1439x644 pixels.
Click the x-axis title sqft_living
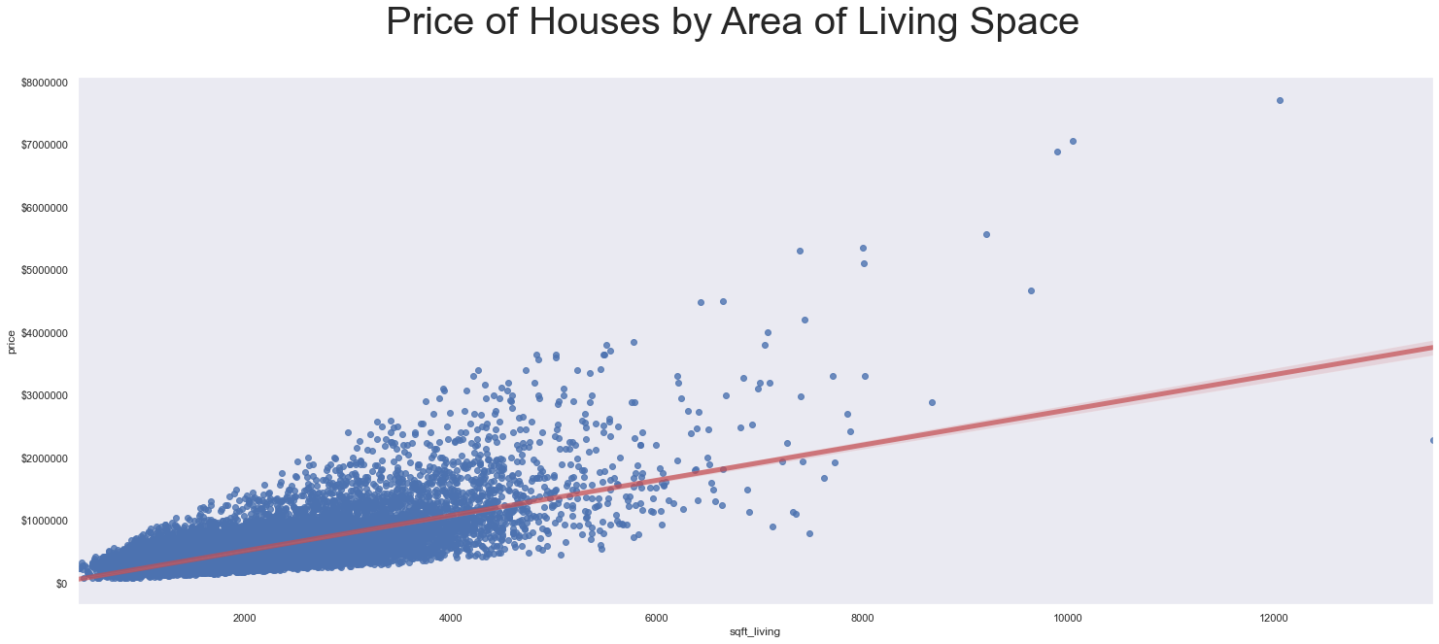coord(755,631)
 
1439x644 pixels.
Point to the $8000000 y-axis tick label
coord(44,84)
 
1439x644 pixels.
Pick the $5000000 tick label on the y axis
coord(44,270)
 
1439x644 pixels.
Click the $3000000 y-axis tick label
coord(44,395)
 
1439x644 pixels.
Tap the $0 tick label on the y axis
coord(61,583)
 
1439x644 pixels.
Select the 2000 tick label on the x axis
coord(244,618)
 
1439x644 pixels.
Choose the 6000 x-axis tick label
coord(656,618)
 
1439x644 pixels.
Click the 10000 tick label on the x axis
coord(1068,618)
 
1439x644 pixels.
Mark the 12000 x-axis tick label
coord(1274,618)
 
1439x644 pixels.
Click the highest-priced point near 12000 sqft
coord(1280,100)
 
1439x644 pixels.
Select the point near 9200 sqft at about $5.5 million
coord(986,234)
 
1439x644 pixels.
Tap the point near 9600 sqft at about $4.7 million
coord(1031,290)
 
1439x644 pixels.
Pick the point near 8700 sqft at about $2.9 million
coord(932,402)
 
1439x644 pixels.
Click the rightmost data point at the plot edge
coord(1433,440)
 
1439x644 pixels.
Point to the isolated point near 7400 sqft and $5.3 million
coord(800,251)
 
